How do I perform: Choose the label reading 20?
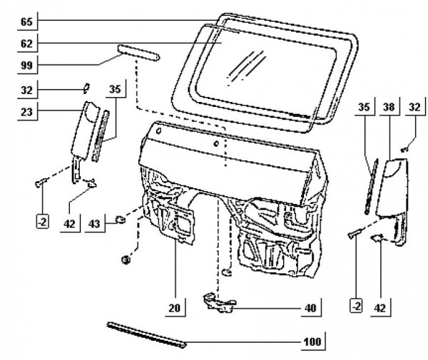174,308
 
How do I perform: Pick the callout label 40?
310,308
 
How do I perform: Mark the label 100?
312,341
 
